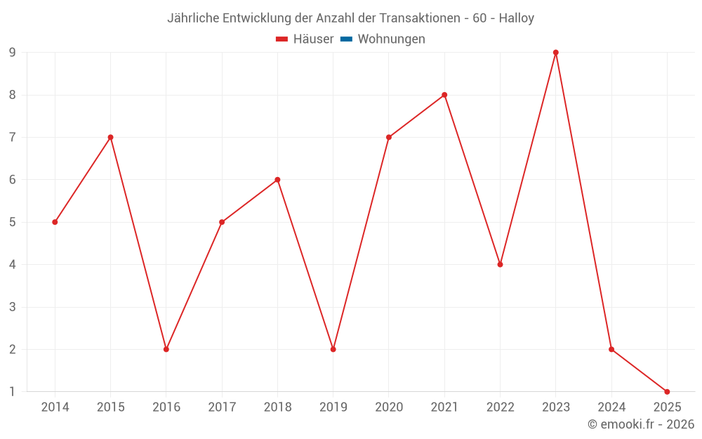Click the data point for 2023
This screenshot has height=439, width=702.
tap(555, 53)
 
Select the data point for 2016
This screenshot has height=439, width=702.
tap(166, 349)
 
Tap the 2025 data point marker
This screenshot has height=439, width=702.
tap(667, 391)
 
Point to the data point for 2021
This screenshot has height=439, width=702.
tap(444, 95)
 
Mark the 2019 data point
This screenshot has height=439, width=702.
tap(333, 349)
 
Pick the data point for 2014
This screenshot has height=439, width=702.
tap(55, 222)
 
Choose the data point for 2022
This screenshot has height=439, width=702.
tap(500, 265)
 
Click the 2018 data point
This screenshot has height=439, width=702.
tap(277, 180)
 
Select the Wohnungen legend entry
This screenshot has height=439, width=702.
tap(391, 39)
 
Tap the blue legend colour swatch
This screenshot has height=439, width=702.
tap(346, 39)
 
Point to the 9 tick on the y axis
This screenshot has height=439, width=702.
tap(13, 53)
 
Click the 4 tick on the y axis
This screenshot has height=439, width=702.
tap(13, 265)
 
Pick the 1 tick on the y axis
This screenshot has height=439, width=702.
tap(13, 391)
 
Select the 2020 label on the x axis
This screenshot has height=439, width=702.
tap(389, 407)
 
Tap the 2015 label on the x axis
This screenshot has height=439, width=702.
tap(110, 407)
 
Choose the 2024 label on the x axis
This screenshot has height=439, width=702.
tap(611, 407)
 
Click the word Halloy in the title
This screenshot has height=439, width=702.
tap(517, 18)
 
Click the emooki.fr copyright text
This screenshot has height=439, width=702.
tap(641, 424)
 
